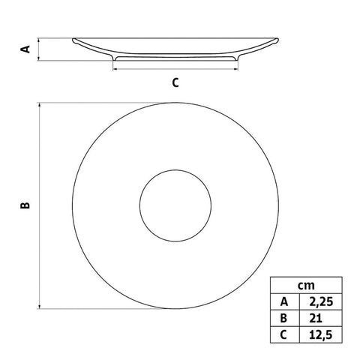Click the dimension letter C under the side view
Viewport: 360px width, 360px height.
(175, 83)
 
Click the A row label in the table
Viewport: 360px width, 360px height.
(283, 301)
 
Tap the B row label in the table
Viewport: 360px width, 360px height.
(283, 317)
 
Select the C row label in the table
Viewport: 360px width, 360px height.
(283, 333)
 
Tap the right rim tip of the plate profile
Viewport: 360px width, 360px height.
(279, 40)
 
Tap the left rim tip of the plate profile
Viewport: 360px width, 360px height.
(73, 40)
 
